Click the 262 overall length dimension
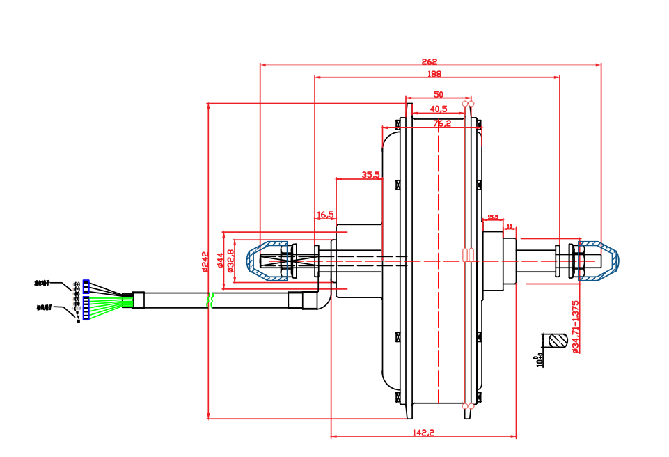tap(430, 61)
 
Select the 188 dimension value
tap(434, 73)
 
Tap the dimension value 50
tap(438, 94)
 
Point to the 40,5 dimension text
tap(439, 109)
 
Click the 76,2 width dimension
tap(442, 123)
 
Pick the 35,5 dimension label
tap(370, 175)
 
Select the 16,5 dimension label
tap(326, 215)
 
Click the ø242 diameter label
tap(205, 262)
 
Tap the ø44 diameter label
tap(220, 261)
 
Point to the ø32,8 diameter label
tap(230, 261)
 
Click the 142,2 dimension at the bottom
tap(423, 433)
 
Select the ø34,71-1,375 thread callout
tap(575, 327)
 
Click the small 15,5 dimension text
tap(494, 217)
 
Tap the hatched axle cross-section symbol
tap(557, 341)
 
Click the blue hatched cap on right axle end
tap(599, 261)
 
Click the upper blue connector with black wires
tap(86, 286)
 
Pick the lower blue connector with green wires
tap(86, 308)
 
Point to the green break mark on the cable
tap(210, 300)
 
